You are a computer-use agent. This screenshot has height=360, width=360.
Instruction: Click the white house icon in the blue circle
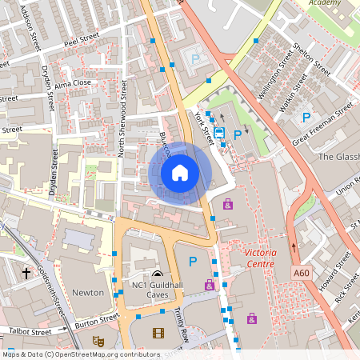pyautogui.click(x=180, y=173)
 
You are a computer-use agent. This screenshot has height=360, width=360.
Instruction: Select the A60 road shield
pyautogui.click(x=301, y=274)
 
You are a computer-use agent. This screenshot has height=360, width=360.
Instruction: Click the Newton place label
pyautogui.click(x=88, y=293)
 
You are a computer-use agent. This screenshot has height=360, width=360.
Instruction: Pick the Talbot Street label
pyautogui.click(x=30, y=331)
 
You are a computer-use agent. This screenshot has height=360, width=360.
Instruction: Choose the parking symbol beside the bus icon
pyautogui.click(x=237, y=134)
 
